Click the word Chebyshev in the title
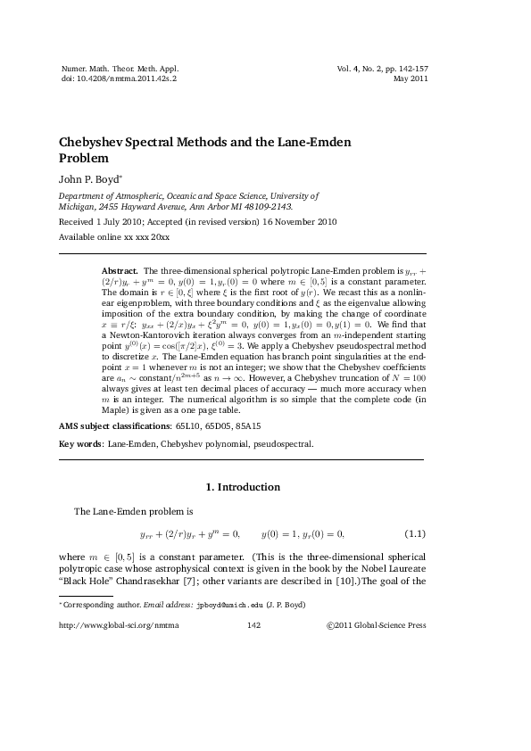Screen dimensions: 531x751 (x=95, y=143)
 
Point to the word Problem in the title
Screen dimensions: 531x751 (x=83, y=159)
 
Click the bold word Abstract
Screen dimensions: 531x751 (x=119, y=269)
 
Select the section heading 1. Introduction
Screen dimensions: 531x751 (x=243, y=487)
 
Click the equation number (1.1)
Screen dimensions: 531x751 (x=415, y=534)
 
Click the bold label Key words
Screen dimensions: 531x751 (x=80, y=443)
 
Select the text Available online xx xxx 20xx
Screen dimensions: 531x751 (x=114, y=239)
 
